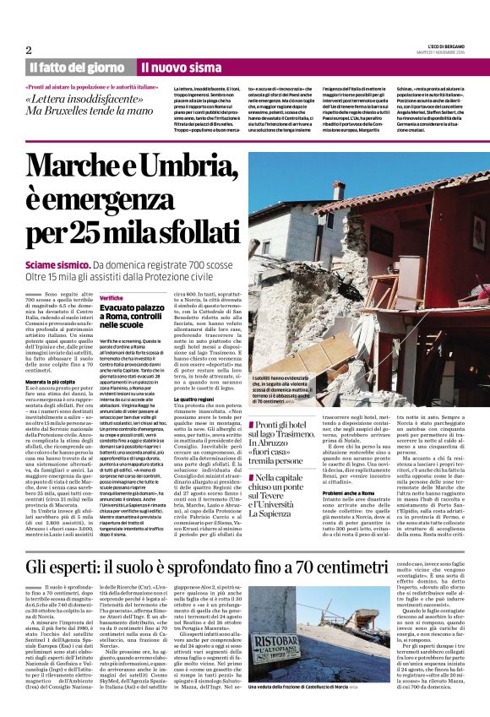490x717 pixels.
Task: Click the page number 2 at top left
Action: pos(28,50)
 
